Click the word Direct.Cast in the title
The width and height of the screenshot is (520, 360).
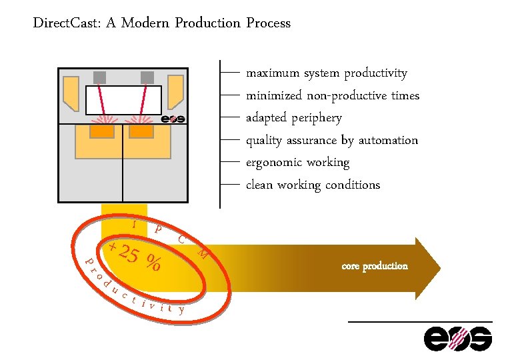(67, 23)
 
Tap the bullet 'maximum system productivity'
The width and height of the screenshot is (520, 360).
(326, 73)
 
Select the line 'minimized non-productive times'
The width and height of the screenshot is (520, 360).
(333, 96)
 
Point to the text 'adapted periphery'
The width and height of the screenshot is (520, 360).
(293, 118)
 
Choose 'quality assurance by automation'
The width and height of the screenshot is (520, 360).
(332, 141)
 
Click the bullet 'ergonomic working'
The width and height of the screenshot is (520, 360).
(297, 163)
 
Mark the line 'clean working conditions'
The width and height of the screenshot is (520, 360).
(313, 185)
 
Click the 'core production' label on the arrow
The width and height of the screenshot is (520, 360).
(374, 266)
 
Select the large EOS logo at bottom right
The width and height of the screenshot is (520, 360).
(459, 339)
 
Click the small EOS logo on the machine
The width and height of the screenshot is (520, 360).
(173, 119)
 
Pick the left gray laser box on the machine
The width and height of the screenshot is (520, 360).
(100, 77)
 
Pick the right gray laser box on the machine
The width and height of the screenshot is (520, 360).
(147, 77)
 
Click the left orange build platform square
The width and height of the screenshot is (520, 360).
(101, 132)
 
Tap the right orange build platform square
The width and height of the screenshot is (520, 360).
(141, 132)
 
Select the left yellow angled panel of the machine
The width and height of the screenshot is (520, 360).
(71, 93)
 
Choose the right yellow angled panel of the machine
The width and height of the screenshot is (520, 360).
(175, 92)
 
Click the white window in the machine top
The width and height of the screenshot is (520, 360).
(123, 100)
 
